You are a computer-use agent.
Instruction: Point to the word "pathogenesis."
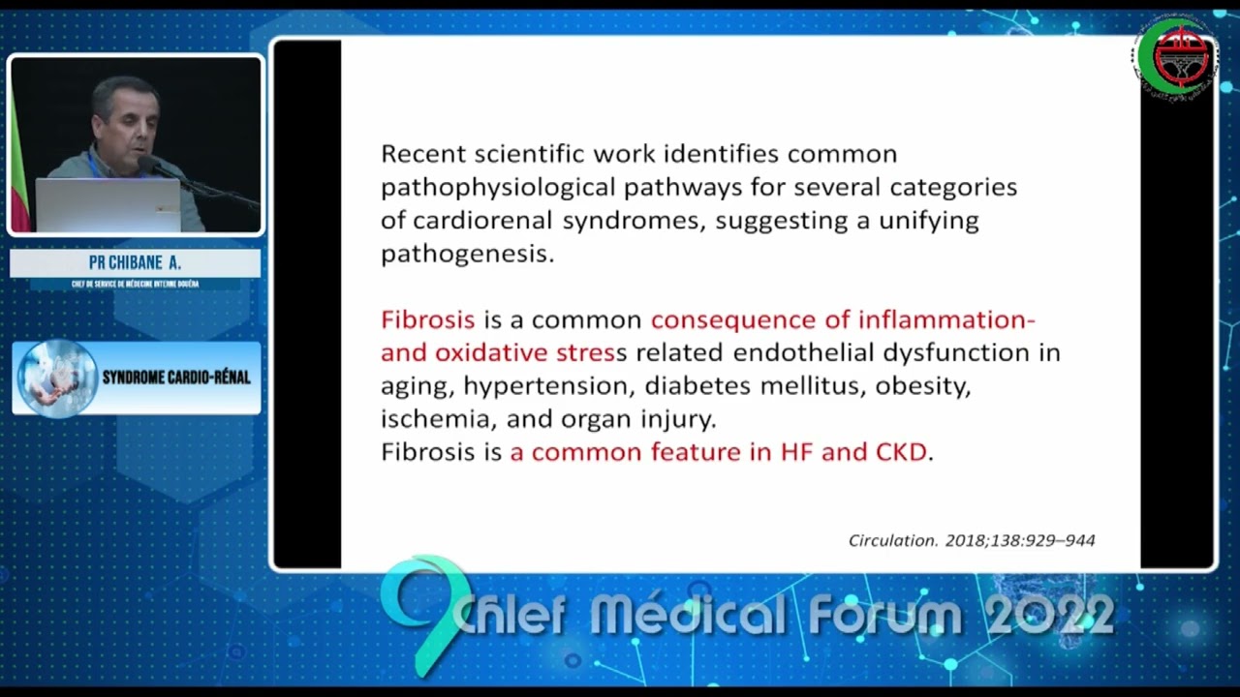click(467, 254)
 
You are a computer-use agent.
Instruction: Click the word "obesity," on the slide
click(922, 386)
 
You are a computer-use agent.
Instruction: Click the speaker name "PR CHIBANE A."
click(135, 263)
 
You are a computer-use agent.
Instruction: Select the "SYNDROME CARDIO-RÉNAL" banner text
click(176, 378)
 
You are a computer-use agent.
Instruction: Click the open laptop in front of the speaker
click(107, 204)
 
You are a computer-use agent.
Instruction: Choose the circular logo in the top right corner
click(1174, 57)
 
